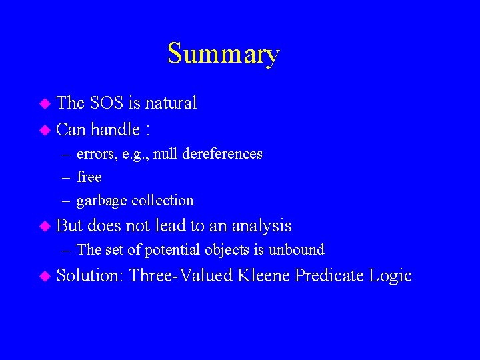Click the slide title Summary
[223, 53]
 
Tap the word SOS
[105, 103]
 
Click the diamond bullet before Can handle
[45, 129]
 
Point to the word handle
[115, 129]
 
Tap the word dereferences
[221, 154]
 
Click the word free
[89, 177]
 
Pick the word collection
[163, 200]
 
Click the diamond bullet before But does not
[45, 227]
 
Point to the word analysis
[261, 226]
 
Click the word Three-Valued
[181, 275]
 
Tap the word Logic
[393, 276]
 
